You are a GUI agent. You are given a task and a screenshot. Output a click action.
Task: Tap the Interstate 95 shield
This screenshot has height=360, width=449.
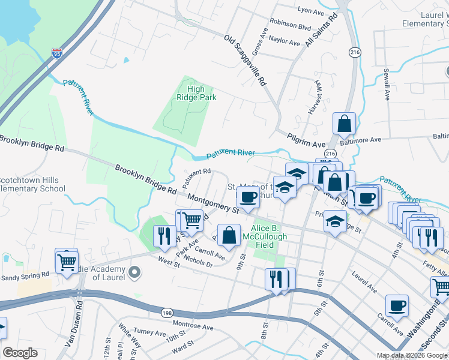[x=57, y=53]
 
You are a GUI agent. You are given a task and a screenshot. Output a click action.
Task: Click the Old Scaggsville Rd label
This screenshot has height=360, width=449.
[x=245, y=61]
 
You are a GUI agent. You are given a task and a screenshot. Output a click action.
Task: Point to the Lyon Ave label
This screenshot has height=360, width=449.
[x=310, y=11]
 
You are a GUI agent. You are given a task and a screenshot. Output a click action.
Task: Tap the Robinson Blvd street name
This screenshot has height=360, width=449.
[x=291, y=27]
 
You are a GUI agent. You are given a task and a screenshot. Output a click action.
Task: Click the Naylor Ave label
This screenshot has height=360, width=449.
[x=285, y=43]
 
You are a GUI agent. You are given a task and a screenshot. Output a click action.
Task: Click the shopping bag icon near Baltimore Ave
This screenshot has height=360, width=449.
[x=345, y=124]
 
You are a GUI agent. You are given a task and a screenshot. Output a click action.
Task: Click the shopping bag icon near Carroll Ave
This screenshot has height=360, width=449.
[x=229, y=235]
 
